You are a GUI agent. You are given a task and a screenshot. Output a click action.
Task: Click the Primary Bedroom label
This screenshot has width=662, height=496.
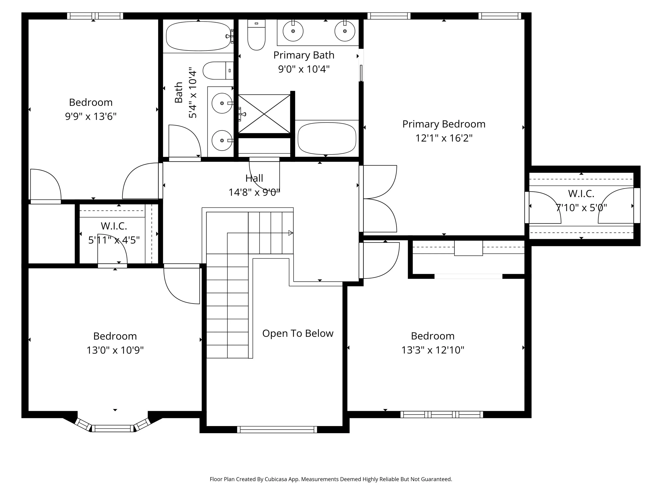444,124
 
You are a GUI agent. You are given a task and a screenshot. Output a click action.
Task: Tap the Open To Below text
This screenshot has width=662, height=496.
298,333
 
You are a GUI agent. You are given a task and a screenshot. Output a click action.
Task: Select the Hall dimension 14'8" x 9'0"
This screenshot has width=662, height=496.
254,192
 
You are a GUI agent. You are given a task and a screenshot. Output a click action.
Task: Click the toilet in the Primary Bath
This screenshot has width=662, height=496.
256,35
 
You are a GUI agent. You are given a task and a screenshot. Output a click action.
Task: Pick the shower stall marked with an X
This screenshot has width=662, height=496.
264,114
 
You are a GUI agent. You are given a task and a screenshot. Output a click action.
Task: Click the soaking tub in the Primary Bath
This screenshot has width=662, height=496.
327,138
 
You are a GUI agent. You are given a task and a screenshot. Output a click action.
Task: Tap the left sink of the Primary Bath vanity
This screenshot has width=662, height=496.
293,31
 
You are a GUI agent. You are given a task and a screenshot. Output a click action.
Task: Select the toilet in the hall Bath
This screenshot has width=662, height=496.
218,71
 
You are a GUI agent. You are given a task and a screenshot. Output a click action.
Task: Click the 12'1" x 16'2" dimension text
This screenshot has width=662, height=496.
444,138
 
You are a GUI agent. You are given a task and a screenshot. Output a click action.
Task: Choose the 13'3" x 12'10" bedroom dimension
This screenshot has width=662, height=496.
433,350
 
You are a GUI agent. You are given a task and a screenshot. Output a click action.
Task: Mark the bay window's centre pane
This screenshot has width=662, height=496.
113,428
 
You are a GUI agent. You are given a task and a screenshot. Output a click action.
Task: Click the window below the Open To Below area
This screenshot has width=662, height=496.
277,430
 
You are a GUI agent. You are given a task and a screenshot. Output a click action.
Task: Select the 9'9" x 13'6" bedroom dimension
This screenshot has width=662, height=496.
91,116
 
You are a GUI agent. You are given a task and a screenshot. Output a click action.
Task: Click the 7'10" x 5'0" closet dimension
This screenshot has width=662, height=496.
581,208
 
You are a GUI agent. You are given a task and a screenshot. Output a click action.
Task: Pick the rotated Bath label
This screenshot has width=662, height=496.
179,92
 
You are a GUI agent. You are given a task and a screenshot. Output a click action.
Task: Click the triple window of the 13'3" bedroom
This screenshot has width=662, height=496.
442,414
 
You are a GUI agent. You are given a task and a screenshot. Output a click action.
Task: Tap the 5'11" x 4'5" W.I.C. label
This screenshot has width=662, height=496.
114,240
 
